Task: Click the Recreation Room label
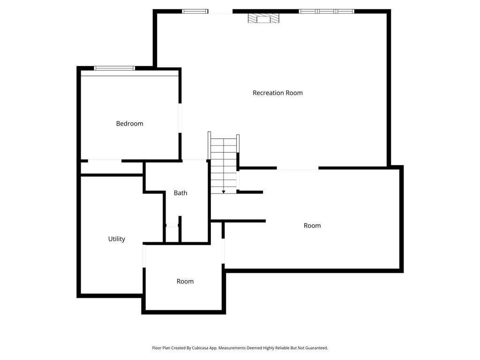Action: [277, 93]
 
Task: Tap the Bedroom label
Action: [129, 123]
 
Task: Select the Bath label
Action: [180, 193]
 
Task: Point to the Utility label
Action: [117, 239]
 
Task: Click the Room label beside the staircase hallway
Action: [312, 225]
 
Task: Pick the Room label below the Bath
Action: [185, 281]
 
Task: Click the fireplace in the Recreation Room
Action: [263, 18]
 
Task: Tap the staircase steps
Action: [224, 165]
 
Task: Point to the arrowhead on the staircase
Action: [224, 192]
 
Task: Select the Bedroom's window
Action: [114, 68]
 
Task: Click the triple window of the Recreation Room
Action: [326, 11]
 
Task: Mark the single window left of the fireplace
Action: [195, 11]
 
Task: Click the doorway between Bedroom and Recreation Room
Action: [180, 118]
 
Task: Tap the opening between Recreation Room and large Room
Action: [298, 168]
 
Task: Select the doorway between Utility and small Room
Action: [144, 256]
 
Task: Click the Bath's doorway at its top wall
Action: [195, 160]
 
